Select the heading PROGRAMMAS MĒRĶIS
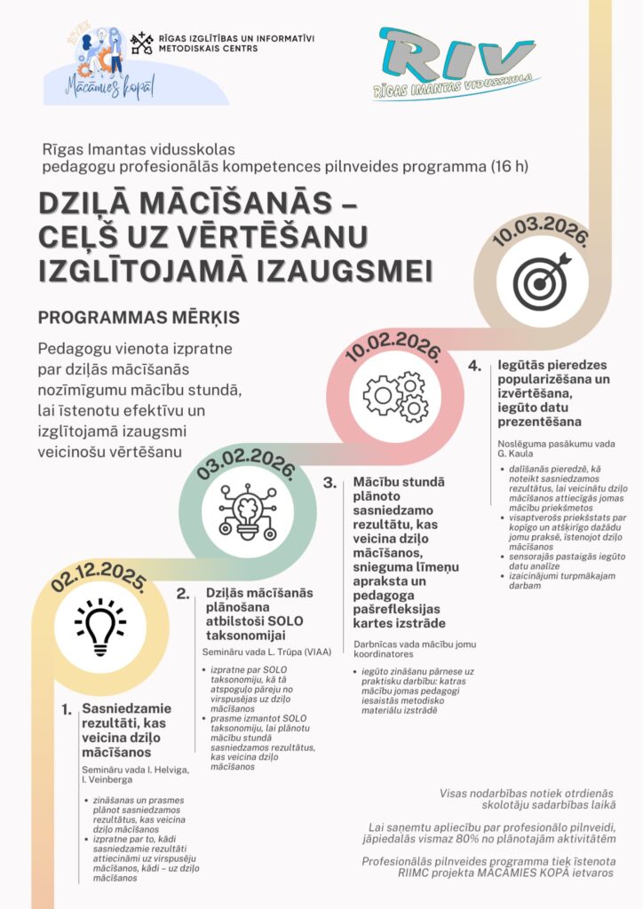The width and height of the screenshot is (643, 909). tap(139, 317)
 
